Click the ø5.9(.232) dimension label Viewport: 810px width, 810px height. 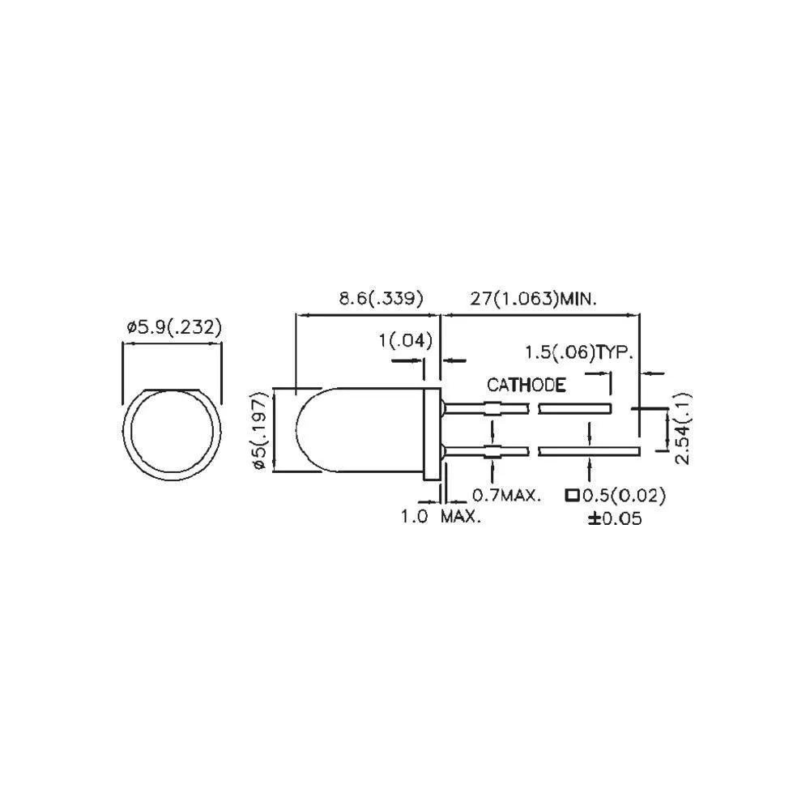[173, 327]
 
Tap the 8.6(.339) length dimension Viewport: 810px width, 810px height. [381, 298]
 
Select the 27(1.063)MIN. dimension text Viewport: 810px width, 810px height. [534, 298]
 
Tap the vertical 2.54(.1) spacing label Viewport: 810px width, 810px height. [684, 430]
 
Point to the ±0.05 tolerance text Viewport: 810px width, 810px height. [615, 518]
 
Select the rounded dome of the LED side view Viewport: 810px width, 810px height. [312, 430]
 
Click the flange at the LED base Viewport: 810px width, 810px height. [433, 430]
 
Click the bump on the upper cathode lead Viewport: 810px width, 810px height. [492, 408]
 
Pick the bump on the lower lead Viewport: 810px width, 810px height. [492, 450]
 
